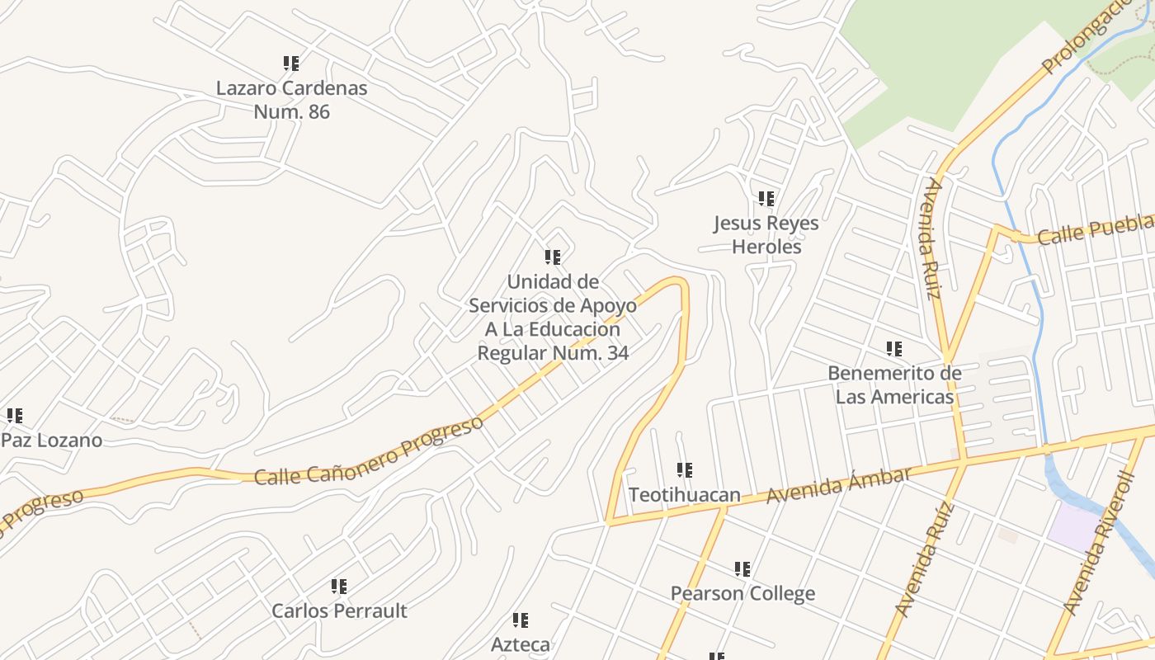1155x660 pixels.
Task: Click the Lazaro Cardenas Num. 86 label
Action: tap(291, 99)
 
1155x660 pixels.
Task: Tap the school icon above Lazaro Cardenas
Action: tap(291, 64)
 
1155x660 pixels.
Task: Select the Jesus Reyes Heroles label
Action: tap(766, 234)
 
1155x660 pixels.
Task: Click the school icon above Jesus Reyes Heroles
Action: tap(766, 199)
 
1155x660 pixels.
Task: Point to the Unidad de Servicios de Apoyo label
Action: tap(553, 317)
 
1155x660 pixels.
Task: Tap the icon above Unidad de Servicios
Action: tap(553, 257)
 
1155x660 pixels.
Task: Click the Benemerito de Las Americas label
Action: tap(894, 384)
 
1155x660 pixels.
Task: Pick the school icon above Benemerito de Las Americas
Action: tap(894, 349)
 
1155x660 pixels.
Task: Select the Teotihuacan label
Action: tap(684, 495)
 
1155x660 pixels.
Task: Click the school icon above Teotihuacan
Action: tap(685, 470)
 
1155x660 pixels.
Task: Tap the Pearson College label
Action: tap(742, 593)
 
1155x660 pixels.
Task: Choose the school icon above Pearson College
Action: tap(742, 569)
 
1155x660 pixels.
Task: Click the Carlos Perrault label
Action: tap(339, 610)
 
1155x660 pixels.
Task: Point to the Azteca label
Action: tap(520, 643)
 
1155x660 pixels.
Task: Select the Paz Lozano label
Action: tap(51, 440)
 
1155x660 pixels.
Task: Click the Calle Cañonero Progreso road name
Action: tap(368, 452)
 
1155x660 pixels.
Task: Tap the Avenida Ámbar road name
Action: tap(839, 485)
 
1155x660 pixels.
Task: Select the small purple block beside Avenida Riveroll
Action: tap(1073, 526)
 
